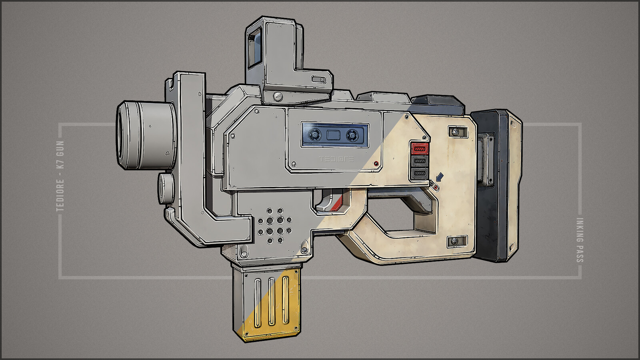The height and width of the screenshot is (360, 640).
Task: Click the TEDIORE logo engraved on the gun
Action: (336, 159)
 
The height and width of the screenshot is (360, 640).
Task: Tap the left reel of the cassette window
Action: (315, 135)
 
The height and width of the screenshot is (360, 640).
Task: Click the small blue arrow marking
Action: (440, 176)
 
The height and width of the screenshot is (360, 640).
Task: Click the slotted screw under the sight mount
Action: (278, 96)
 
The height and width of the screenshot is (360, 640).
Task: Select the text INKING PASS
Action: (580, 240)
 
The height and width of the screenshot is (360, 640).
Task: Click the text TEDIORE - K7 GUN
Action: (60, 176)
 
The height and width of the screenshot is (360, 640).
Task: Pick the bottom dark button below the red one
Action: (420, 174)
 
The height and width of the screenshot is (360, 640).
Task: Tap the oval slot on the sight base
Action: (319, 80)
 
